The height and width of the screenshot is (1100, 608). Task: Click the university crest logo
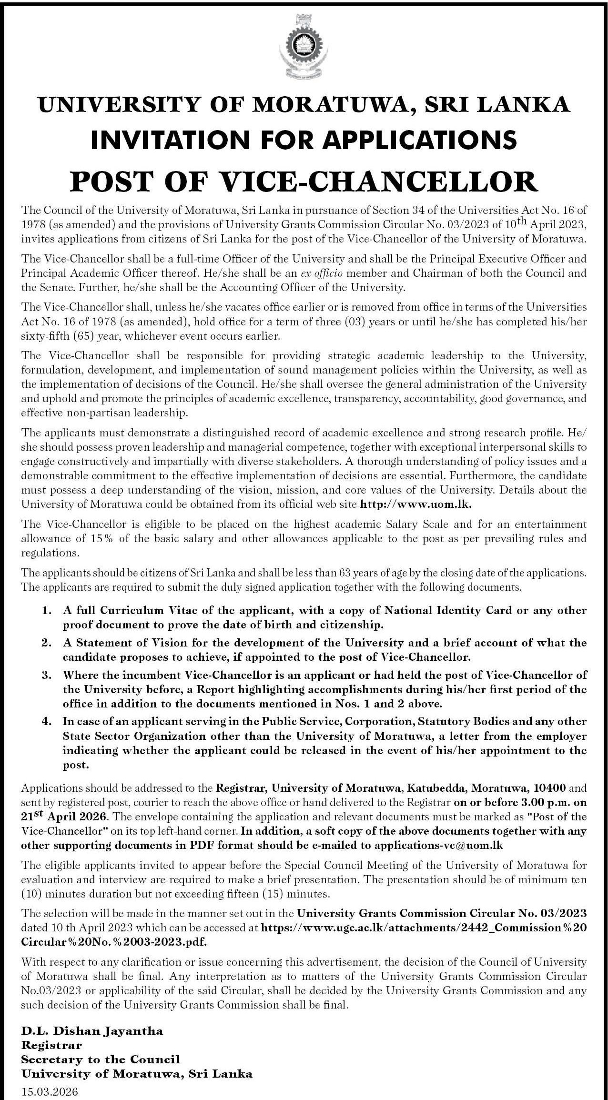pyautogui.click(x=304, y=46)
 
